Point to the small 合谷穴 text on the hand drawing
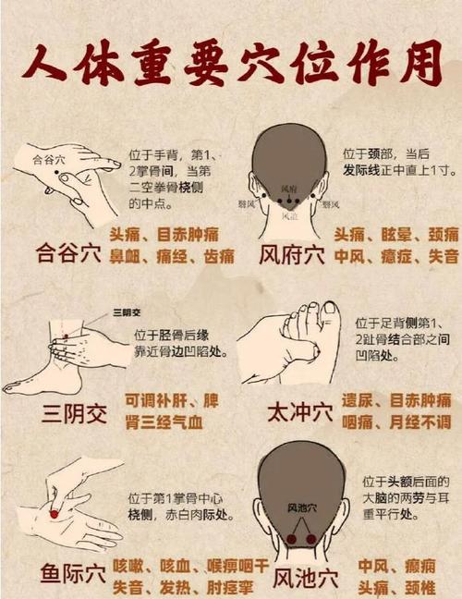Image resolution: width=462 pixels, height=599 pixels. coord(49,159)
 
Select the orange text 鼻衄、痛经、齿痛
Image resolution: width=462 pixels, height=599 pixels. coord(172,256)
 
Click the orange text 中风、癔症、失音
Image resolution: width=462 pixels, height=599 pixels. coord(396,256)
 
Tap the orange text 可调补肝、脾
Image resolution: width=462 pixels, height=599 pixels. coord(172,401)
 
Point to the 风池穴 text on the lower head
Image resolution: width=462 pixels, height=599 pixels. coord(299,507)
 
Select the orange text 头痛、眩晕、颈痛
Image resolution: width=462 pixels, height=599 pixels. coord(396,234)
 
